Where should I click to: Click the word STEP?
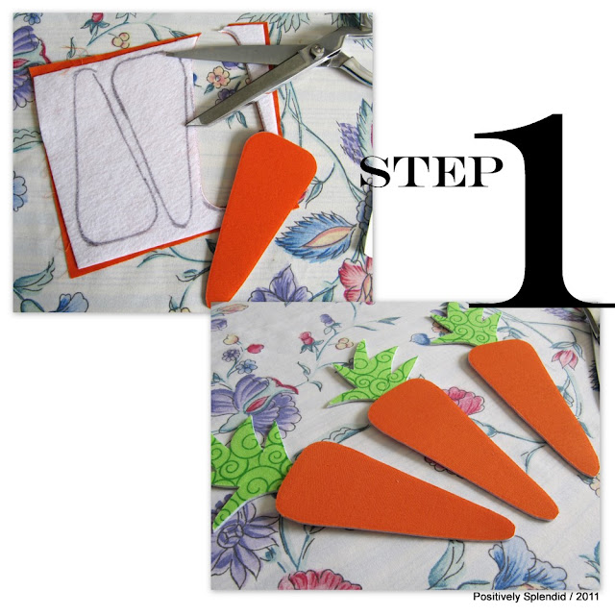click(x=431, y=171)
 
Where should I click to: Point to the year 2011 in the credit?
click(x=587, y=597)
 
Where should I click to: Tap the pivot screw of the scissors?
click(x=316, y=50)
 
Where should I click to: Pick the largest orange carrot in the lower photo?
click(x=392, y=491)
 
